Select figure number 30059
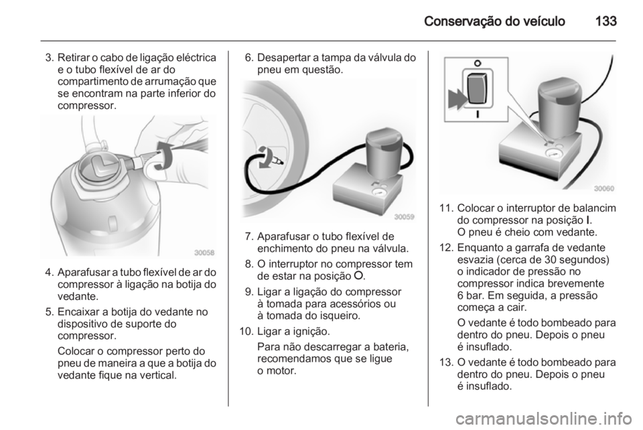tap(405, 217)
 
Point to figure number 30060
tap(604, 189)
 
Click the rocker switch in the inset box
tap(478, 88)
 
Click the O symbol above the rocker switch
tap(478, 64)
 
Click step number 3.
tap(49, 58)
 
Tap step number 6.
tap(249, 58)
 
